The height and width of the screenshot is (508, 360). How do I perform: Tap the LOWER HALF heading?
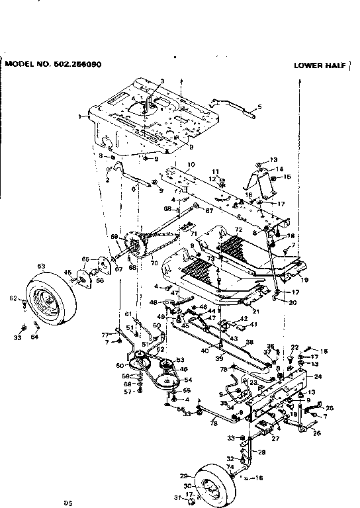coord(319,65)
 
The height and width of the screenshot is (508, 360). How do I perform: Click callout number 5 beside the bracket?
coord(259,106)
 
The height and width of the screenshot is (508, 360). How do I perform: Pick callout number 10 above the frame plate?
coord(191,164)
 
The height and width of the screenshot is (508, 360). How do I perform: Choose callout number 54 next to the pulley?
coord(188,380)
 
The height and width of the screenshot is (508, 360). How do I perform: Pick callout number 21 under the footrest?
coord(256,310)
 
